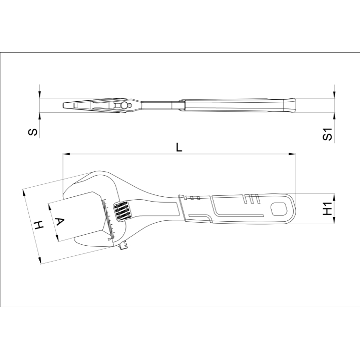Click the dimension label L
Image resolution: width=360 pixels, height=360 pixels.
click(179, 147)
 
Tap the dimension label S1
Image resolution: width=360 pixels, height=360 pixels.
click(327, 134)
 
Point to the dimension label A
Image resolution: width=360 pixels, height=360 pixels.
click(60, 222)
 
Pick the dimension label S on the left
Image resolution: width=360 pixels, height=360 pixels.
click(33, 132)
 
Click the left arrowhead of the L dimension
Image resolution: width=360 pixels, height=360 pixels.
click(66, 154)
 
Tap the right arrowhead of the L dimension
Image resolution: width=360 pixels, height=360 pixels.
click(292, 154)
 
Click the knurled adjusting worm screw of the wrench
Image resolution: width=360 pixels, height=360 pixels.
click(122, 212)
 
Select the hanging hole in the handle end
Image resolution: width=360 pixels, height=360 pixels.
click(279, 209)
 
